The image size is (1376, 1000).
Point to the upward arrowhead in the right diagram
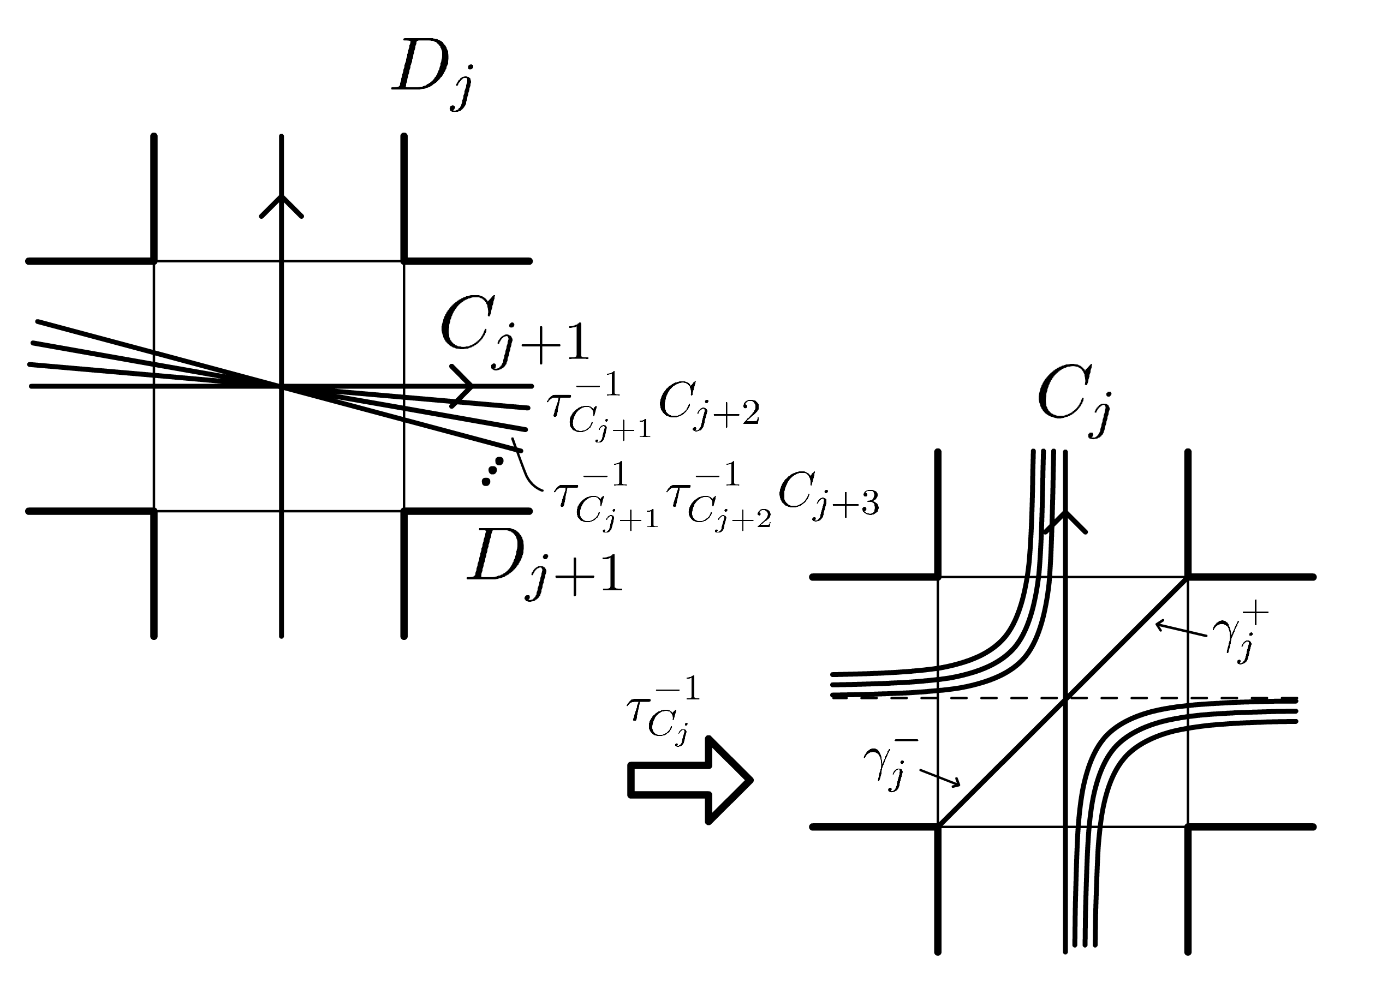click(x=1065, y=522)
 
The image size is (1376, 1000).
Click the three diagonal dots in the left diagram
click(x=493, y=471)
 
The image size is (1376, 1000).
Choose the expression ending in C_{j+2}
click(x=653, y=406)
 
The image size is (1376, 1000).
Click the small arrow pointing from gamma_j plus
click(x=1180, y=630)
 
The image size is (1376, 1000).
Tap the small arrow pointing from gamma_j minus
click(x=940, y=778)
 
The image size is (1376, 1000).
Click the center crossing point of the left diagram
click(x=281, y=386)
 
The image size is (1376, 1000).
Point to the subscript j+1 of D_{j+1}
click(x=573, y=576)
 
